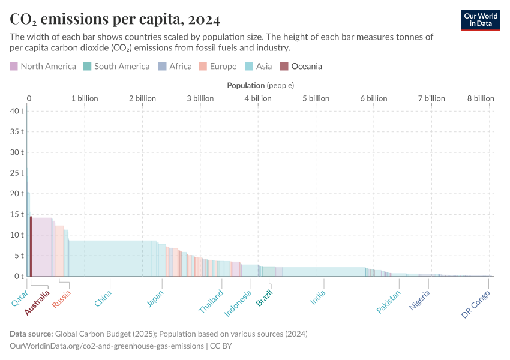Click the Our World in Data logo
click(480, 20)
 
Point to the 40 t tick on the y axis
click(16, 111)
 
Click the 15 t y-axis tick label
click(16, 214)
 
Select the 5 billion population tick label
click(316, 98)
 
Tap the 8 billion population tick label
click(481, 98)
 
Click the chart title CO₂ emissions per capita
click(115, 19)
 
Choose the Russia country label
click(62, 299)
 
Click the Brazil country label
click(265, 298)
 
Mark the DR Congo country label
click(476, 304)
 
